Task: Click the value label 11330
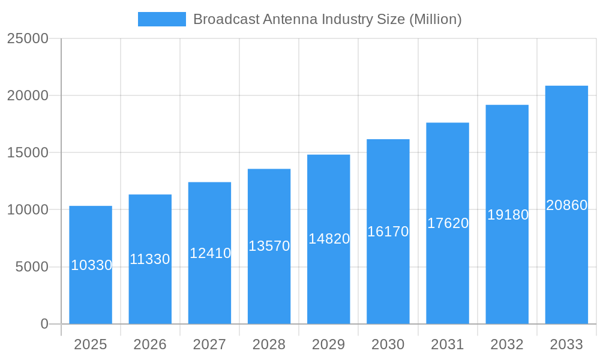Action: [x=150, y=259]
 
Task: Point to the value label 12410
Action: [x=210, y=253]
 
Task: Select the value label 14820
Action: [x=329, y=239]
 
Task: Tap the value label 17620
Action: [x=448, y=223]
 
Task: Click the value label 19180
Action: [x=508, y=215]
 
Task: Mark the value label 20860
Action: [x=566, y=205]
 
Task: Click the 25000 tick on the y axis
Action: [x=27, y=38]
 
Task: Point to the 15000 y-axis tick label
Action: [x=27, y=152]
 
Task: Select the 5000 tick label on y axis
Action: [x=31, y=267]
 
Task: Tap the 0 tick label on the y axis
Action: [x=44, y=324]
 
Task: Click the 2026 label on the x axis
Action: [x=150, y=344]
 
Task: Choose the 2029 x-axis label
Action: [x=329, y=344]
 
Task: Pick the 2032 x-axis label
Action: [x=507, y=344]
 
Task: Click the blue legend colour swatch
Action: [x=162, y=19]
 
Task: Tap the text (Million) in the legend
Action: [x=435, y=19]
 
